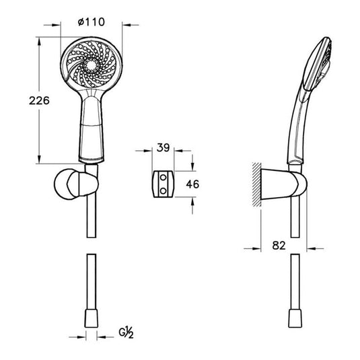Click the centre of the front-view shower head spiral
point(90,66)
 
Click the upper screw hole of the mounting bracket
point(162,177)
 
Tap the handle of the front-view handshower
point(90,128)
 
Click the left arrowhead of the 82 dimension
point(258,248)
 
